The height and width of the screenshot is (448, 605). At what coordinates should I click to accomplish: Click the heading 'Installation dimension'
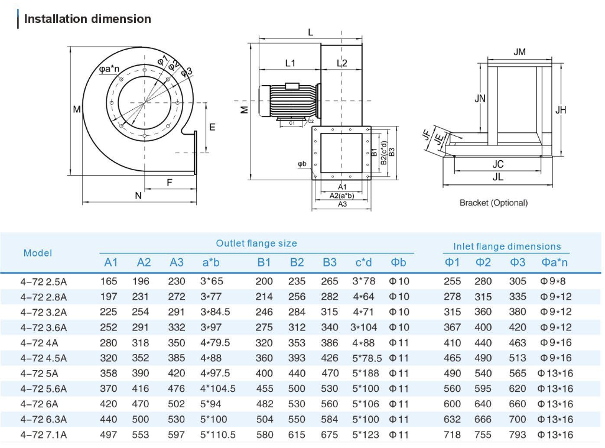pyautogui.click(x=87, y=19)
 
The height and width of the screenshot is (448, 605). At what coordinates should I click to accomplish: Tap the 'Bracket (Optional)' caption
pyautogui.click(x=493, y=203)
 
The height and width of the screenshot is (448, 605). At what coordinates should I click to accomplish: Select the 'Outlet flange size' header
pyautogui.click(x=256, y=244)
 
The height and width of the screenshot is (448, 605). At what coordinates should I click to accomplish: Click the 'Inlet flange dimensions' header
pyautogui.click(x=507, y=246)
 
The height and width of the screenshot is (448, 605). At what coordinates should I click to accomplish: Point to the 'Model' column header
pyautogui.click(x=38, y=253)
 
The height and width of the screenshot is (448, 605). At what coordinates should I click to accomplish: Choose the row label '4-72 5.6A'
pyautogui.click(x=44, y=389)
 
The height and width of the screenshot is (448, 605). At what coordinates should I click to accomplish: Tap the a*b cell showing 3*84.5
pyautogui.click(x=216, y=312)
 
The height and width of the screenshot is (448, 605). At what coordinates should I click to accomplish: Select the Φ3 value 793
pyautogui.click(x=518, y=435)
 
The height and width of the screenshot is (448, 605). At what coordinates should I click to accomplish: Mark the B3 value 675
pyautogui.click(x=330, y=435)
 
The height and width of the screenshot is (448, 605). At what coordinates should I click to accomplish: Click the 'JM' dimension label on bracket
pyautogui.click(x=519, y=52)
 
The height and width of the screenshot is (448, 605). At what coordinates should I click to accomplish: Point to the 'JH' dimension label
pyautogui.click(x=561, y=110)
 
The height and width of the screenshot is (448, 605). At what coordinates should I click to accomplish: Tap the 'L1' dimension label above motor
pyautogui.click(x=290, y=63)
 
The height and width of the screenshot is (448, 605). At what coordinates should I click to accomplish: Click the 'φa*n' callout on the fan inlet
pyautogui.click(x=109, y=69)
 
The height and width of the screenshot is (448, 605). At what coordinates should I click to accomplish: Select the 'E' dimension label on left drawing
pyautogui.click(x=213, y=127)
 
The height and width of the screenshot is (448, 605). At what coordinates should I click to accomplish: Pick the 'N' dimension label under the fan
pyautogui.click(x=138, y=196)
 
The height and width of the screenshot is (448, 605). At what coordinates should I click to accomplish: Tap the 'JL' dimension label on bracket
pyautogui.click(x=497, y=176)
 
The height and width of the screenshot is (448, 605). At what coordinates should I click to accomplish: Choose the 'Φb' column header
pyautogui.click(x=399, y=262)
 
